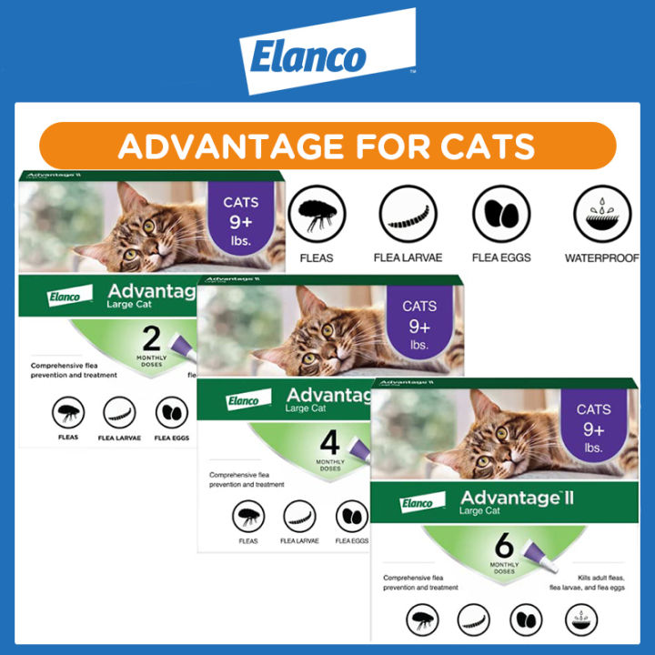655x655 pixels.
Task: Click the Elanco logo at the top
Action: point(327,57)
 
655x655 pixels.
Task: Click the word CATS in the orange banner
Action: point(480,146)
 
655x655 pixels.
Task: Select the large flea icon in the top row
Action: point(317,215)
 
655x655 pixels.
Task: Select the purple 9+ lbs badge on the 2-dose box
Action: point(240,225)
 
